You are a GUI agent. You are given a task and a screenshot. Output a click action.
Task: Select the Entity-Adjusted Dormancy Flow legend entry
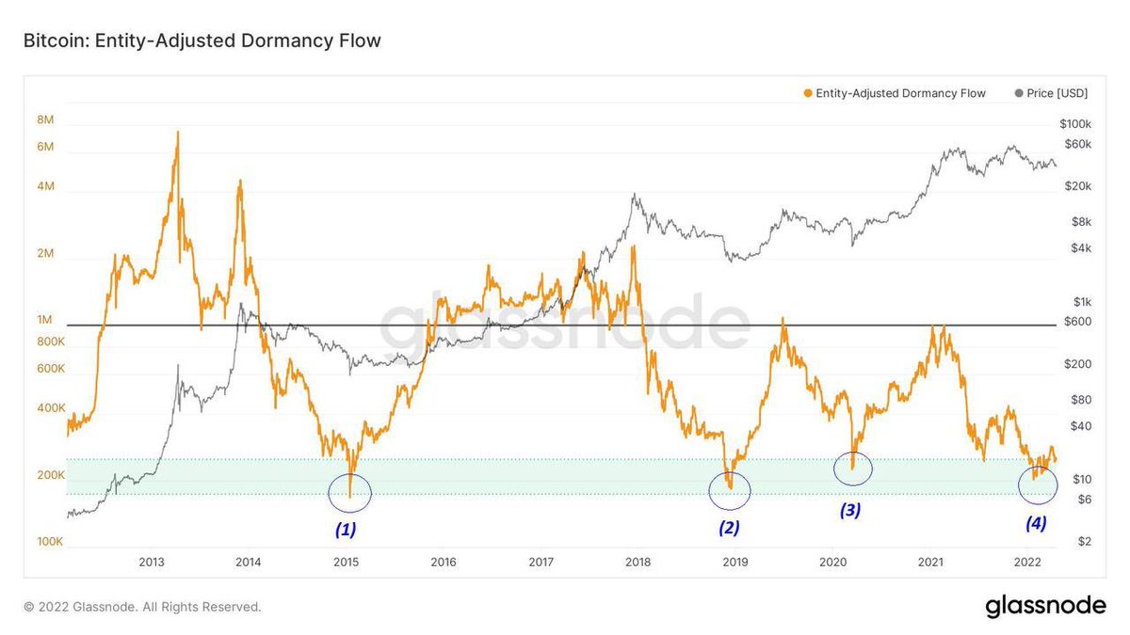(x=895, y=93)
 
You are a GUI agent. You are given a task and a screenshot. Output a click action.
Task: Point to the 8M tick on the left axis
(x=45, y=119)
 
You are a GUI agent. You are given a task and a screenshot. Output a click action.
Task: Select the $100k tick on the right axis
(x=1074, y=124)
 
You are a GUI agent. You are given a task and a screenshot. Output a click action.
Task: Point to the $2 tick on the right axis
(x=1084, y=542)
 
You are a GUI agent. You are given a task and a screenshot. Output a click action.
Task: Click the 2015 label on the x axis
(x=346, y=563)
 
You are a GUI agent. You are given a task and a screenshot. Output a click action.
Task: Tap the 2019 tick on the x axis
(x=735, y=563)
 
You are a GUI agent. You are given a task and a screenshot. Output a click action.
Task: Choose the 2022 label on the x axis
(x=1027, y=563)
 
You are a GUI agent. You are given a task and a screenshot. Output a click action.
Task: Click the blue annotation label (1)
(x=346, y=529)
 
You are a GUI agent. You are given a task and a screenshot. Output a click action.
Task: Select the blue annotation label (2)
(x=729, y=527)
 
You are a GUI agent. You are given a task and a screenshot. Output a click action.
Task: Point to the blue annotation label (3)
(x=850, y=510)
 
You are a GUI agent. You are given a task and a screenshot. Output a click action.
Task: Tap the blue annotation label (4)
(x=1036, y=524)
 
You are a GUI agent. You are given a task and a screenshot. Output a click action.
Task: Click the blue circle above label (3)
(x=853, y=468)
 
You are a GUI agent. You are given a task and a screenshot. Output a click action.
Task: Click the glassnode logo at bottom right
(x=1045, y=607)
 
